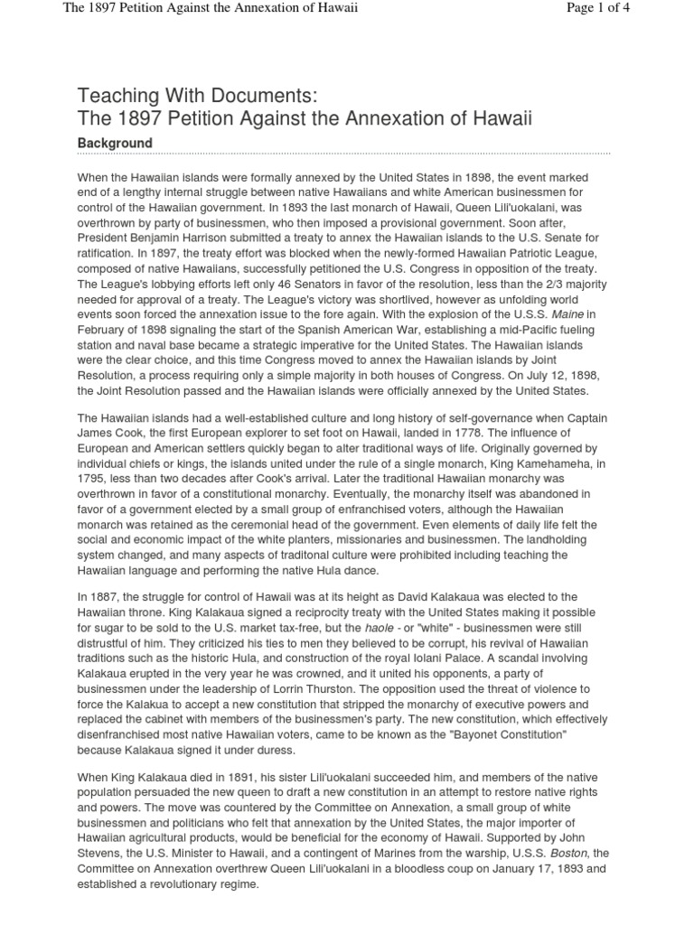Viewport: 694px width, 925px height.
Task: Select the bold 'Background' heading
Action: pyautogui.click(x=115, y=144)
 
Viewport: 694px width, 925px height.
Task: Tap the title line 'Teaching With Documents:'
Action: pyautogui.click(x=199, y=97)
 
